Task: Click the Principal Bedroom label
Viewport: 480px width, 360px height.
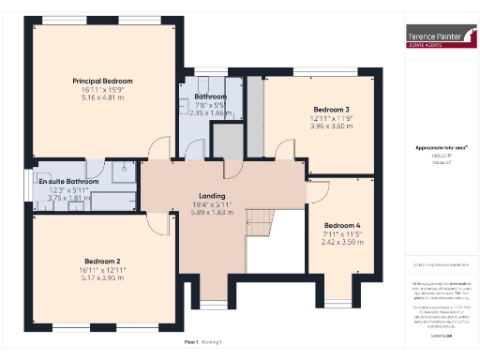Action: coord(103,81)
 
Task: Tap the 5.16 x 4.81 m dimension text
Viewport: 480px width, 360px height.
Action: coord(103,97)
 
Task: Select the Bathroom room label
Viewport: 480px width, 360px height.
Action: coord(211,97)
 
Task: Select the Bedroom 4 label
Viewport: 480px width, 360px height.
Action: coord(341,225)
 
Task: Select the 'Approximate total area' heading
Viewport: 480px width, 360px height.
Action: coord(435,148)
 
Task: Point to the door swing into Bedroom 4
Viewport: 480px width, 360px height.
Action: coord(318,191)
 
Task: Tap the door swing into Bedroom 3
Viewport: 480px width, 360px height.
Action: coord(281,150)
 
